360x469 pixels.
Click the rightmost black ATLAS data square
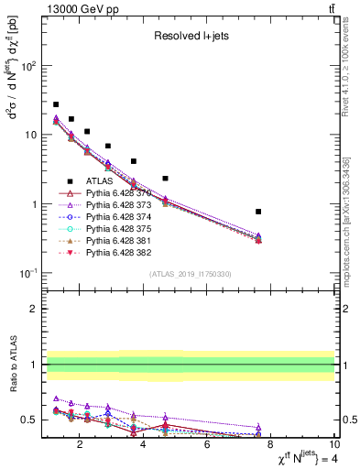click(258, 212)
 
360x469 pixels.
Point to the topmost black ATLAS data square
click(56, 104)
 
